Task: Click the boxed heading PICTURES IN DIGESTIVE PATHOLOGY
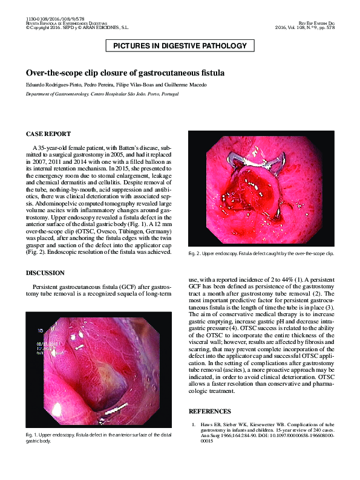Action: (180, 46)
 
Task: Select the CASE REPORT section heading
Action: (48, 134)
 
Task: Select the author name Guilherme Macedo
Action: (187, 85)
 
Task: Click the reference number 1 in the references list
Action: (193, 424)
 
